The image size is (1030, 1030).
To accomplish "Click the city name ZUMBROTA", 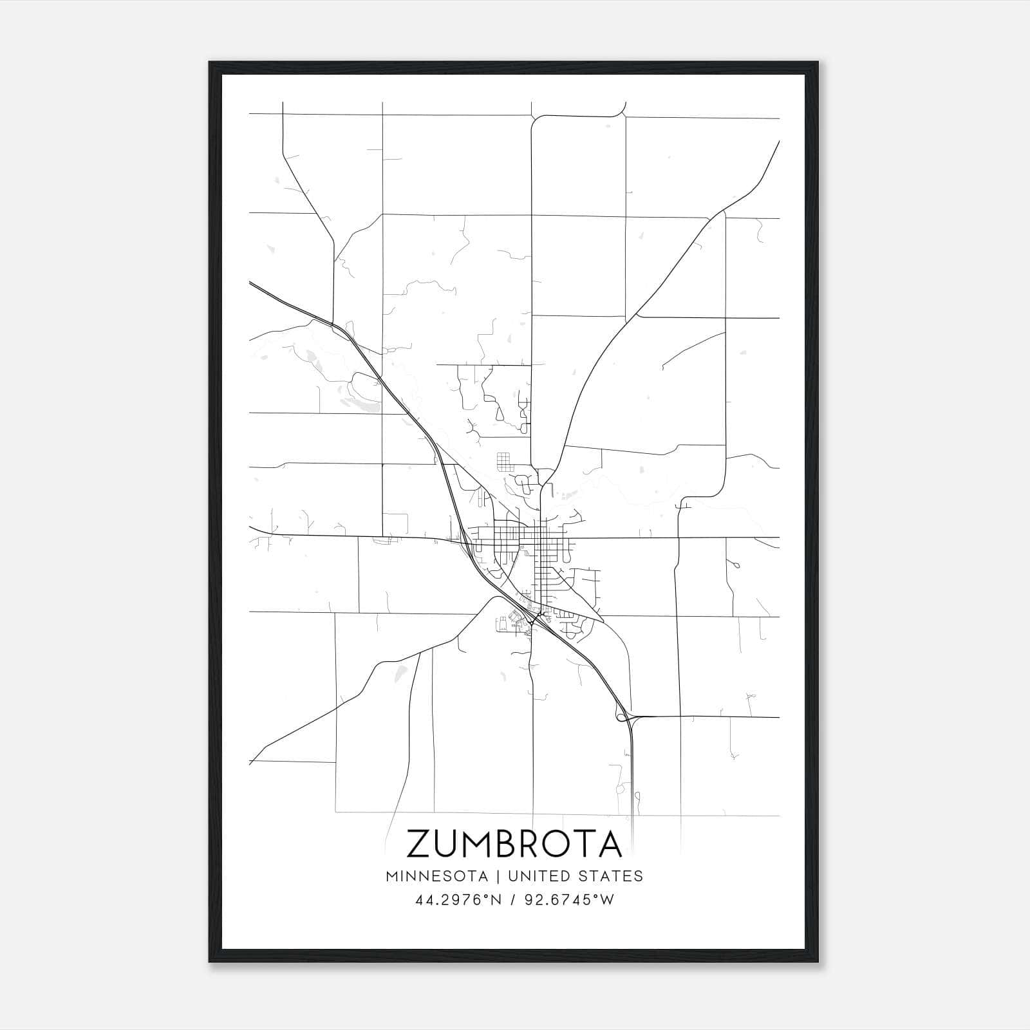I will point(514,843).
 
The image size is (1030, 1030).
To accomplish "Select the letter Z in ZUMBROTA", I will point(419,843).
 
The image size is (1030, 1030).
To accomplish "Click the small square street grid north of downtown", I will point(503,462).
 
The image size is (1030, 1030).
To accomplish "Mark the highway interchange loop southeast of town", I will point(622,715).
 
